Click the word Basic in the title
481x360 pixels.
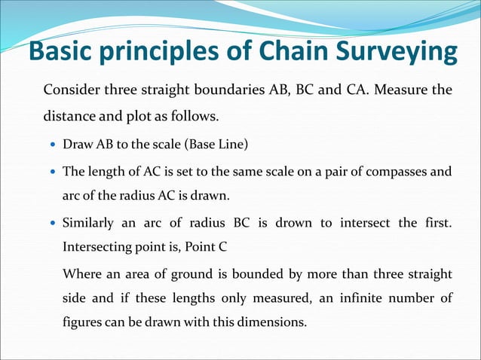coord(63,52)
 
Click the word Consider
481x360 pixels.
coord(73,91)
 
